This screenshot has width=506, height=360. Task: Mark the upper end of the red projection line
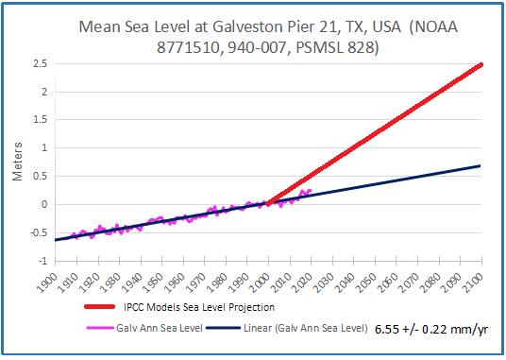[x=481, y=64]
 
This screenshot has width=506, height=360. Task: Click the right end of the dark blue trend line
[x=481, y=166]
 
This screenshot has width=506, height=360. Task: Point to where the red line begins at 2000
[x=268, y=203]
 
